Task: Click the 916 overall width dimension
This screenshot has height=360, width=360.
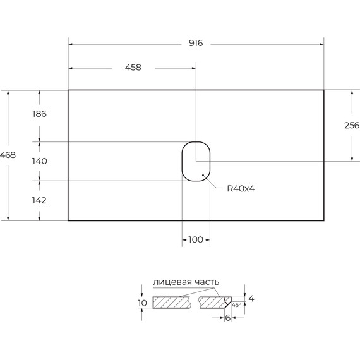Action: pyautogui.click(x=196, y=43)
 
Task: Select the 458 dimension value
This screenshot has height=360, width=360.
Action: pyautogui.click(x=133, y=68)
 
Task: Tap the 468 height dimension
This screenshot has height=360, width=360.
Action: pyautogui.click(x=8, y=155)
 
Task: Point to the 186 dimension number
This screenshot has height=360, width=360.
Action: pyautogui.click(x=39, y=114)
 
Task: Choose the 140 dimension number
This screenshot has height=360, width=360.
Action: pyautogui.click(x=40, y=161)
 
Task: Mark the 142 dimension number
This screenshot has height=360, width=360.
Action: pyautogui.click(x=39, y=200)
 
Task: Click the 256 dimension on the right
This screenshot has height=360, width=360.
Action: pyautogui.click(x=352, y=125)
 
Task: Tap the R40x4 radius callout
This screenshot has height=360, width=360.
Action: pyautogui.click(x=241, y=189)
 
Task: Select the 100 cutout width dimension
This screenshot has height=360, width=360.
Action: pyautogui.click(x=196, y=240)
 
